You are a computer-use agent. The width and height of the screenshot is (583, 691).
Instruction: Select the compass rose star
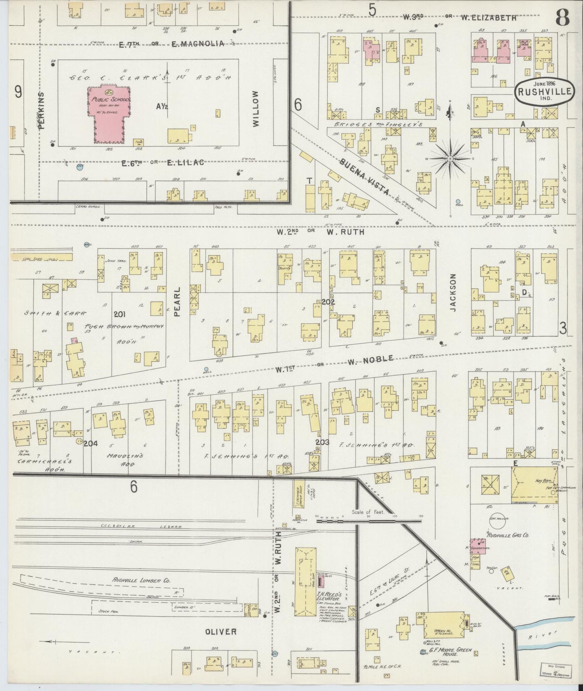[x=450, y=159]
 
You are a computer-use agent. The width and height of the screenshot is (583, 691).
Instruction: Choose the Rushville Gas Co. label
[x=508, y=535]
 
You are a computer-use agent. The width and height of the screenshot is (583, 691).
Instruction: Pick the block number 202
[x=328, y=301]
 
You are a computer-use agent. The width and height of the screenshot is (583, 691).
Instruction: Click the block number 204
[x=91, y=443]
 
